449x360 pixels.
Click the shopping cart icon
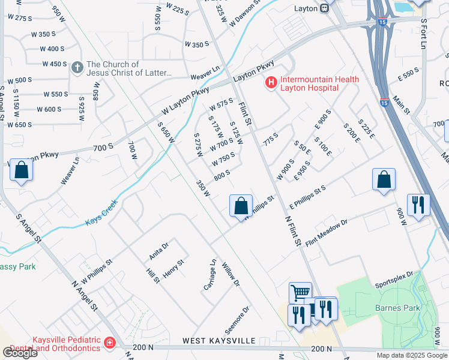pyautogui.click(x=300, y=293)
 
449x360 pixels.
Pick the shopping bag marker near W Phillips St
pyautogui.click(x=240, y=206)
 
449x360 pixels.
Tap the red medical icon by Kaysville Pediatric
pyautogui.click(x=109, y=343)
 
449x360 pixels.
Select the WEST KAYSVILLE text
pyautogui.click(x=219, y=341)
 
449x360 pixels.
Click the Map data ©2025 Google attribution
pyautogui.click(x=412, y=355)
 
